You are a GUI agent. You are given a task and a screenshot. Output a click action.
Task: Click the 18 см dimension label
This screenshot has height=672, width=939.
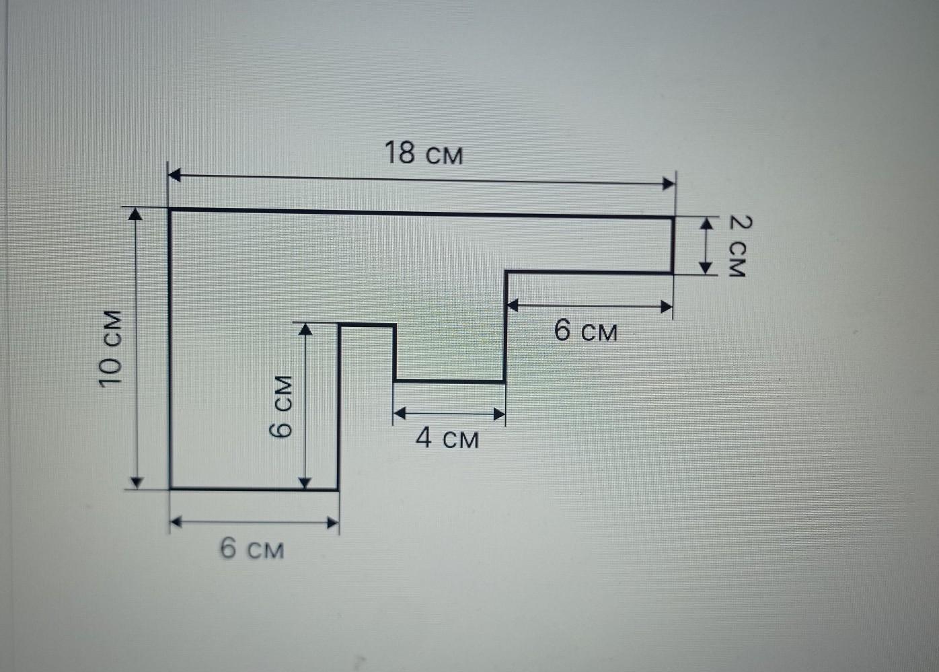coord(424,154)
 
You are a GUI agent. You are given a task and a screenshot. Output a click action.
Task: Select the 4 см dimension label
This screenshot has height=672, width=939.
coord(447,439)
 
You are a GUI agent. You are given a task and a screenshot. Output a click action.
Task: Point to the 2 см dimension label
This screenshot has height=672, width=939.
coord(737,246)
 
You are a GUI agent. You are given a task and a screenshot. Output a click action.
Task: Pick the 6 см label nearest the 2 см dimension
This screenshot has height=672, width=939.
coord(585,331)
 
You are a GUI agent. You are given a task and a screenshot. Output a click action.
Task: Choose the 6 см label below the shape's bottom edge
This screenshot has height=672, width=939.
coord(252,549)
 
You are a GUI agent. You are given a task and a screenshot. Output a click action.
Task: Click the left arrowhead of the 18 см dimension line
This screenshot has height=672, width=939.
coord(175,176)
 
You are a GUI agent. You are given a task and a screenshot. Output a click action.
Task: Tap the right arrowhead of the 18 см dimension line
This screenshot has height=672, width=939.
coord(669,183)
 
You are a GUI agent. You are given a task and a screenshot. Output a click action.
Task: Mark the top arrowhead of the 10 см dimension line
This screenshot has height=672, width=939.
coord(136,214)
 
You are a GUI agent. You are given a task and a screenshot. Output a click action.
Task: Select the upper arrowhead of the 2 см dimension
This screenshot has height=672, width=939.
coord(706,223)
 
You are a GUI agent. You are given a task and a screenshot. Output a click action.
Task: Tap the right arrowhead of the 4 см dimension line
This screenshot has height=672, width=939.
coord(498,414)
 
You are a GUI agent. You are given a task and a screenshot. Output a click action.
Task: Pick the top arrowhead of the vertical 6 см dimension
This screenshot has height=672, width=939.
coord(305,329)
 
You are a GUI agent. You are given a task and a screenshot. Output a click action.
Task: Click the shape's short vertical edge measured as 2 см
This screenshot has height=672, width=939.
coord(673,245)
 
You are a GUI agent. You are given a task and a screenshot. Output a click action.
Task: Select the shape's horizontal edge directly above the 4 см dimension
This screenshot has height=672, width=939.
coord(449,381)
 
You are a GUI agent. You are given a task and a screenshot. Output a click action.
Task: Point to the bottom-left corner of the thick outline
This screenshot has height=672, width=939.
coord(170,488)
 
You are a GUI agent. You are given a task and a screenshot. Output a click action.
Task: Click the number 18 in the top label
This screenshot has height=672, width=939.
coord(400,153)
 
